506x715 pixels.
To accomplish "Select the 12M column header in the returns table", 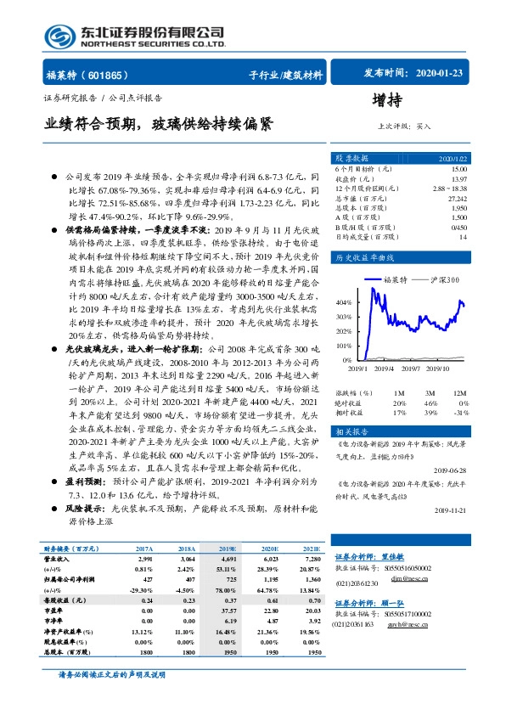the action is [459, 394].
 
